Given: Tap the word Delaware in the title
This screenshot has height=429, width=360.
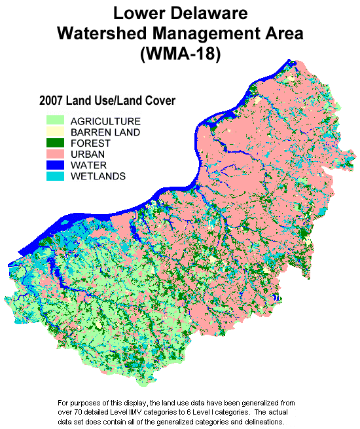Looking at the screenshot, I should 209,12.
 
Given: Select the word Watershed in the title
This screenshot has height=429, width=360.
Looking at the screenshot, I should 103,33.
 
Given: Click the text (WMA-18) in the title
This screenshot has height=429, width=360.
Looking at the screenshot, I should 180,55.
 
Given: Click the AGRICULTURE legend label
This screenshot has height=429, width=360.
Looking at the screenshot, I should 105,122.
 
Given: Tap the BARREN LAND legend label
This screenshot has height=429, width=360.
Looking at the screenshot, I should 105,132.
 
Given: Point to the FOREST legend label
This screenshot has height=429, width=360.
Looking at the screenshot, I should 90,143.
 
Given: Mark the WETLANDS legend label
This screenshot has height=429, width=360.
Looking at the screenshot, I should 98,176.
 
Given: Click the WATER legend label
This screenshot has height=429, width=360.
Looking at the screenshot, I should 88,165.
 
